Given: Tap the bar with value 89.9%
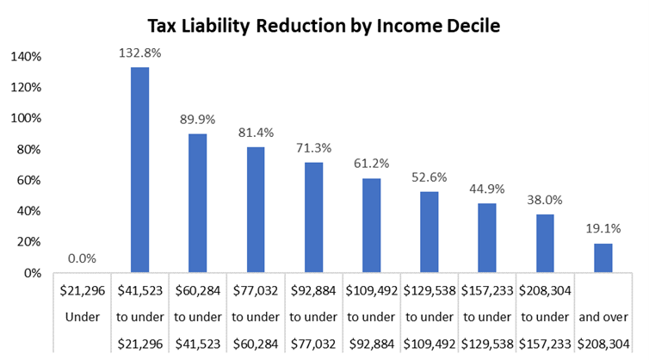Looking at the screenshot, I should pos(197,203).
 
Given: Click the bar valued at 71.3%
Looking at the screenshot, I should pos(313,217).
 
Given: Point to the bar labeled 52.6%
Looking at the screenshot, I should pos(430,232).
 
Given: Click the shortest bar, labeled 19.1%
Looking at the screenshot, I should pos(603,258).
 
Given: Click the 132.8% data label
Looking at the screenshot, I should pos(139,53).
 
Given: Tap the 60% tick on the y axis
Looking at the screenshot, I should pos(28,180).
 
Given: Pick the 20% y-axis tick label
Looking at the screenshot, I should pos(28,242).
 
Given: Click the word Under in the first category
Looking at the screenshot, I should pos(82,317).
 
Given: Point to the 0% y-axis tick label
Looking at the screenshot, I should pos(31,273).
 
